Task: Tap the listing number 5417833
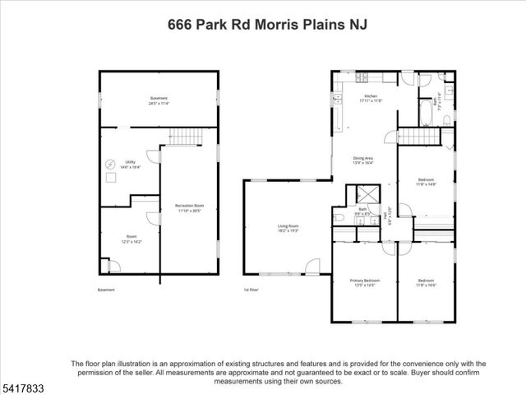tap(24, 384)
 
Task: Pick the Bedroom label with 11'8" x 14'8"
tap(425, 182)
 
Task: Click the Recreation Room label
tap(189, 207)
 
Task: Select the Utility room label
tap(130, 165)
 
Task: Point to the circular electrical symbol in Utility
tap(111, 164)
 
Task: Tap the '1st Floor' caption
tap(251, 290)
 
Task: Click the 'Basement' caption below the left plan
tap(106, 290)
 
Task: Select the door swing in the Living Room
tap(312, 266)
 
